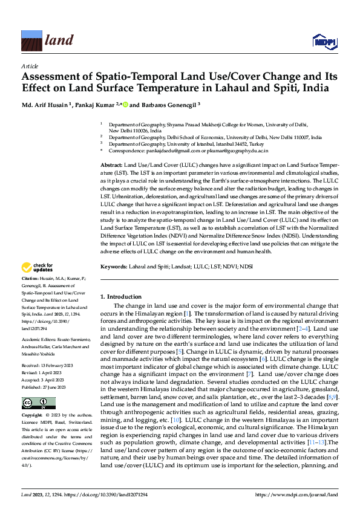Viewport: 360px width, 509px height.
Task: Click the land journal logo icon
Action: click(31, 40)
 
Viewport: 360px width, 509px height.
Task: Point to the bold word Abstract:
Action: click(111, 165)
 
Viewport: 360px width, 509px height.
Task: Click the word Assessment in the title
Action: click(50, 77)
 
